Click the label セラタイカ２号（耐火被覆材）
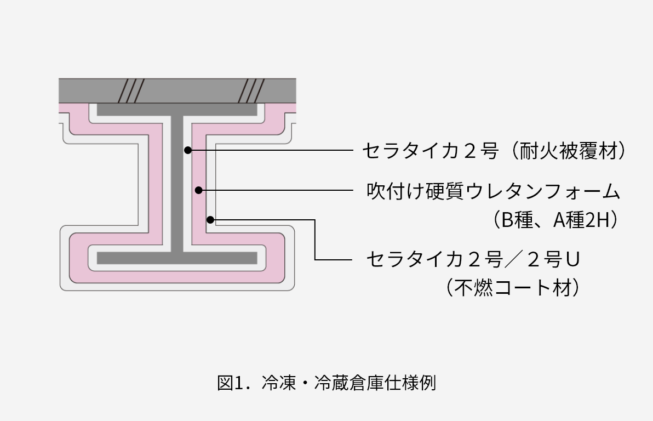493,151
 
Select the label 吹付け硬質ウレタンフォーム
493,191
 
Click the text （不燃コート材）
512,287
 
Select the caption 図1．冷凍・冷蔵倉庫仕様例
326,383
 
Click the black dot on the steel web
187,150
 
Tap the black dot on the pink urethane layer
199,190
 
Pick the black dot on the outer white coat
210,220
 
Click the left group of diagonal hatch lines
131,90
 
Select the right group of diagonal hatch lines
253,90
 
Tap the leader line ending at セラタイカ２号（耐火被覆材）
274,150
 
